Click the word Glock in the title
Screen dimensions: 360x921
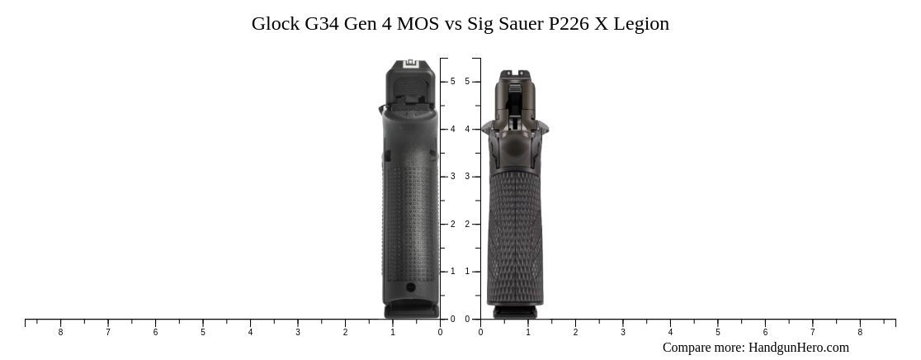[x=276, y=24]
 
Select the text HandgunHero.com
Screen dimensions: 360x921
[x=798, y=348]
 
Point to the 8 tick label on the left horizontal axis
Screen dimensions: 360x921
[x=60, y=333]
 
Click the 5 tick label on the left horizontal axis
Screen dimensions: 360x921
[x=203, y=333]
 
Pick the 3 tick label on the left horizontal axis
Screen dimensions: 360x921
[x=298, y=333]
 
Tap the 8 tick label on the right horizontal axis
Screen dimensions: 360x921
[x=860, y=333]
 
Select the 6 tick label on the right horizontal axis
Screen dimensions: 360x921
[x=765, y=333]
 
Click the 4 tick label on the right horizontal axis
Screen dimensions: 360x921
[x=670, y=333]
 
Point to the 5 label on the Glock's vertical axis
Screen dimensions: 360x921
[x=452, y=82]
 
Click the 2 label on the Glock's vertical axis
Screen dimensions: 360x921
[x=452, y=225]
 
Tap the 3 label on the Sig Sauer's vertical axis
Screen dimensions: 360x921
[x=467, y=177]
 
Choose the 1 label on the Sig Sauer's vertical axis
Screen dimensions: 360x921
[x=467, y=272]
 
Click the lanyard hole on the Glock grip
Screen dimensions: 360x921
[x=411, y=287]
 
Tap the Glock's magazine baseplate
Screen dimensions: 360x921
[x=411, y=310]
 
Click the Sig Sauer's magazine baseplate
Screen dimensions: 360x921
[x=515, y=312]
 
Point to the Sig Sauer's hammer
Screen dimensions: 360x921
[x=514, y=122]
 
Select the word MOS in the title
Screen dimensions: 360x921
[x=418, y=24]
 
